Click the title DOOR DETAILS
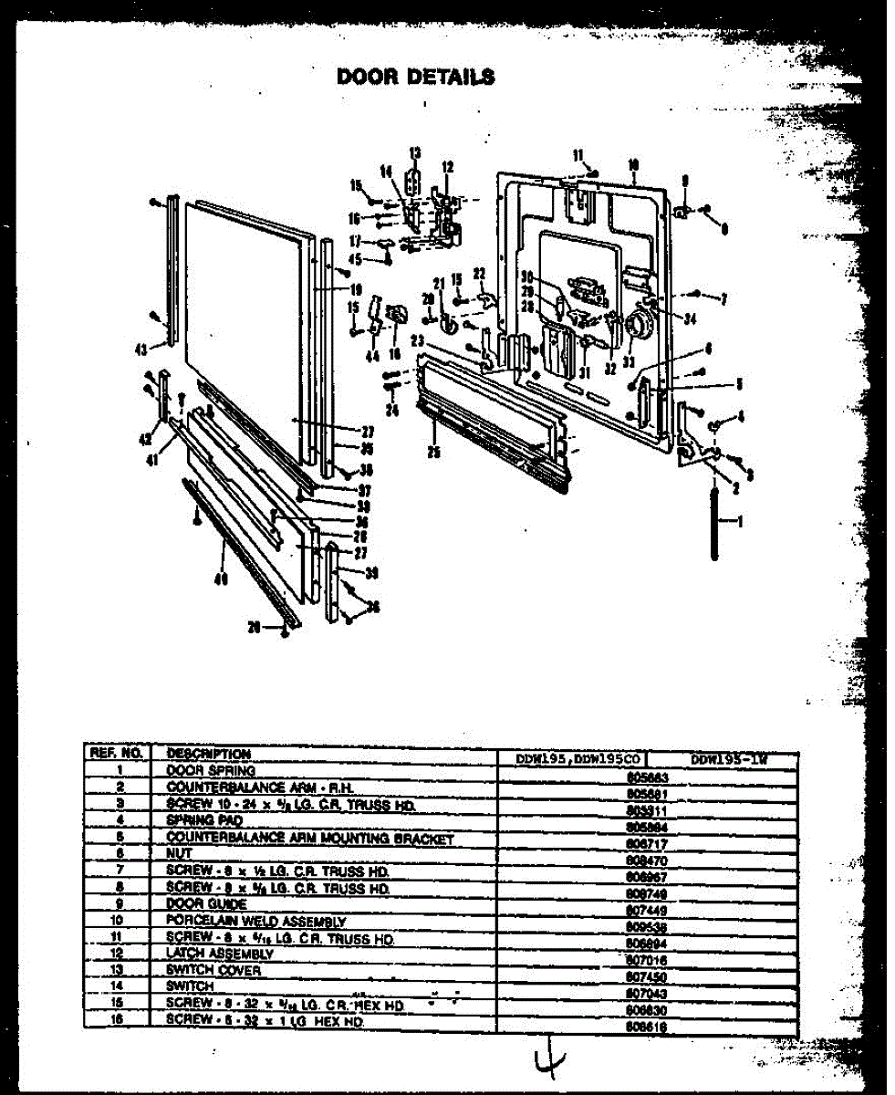click(x=416, y=76)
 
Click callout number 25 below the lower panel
click(x=433, y=452)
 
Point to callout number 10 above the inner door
click(x=632, y=165)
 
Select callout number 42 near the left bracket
click(x=143, y=438)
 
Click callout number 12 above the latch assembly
click(x=447, y=166)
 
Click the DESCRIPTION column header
click(x=208, y=755)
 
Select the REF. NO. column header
click(x=116, y=755)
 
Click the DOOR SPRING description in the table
click(x=197, y=770)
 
